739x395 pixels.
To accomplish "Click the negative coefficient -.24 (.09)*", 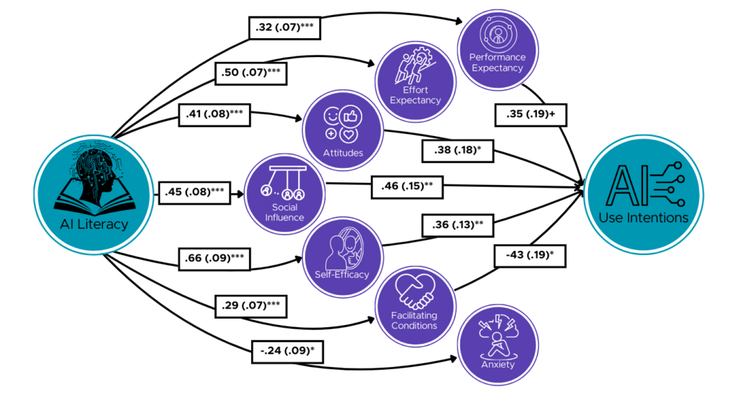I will click(x=286, y=352).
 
